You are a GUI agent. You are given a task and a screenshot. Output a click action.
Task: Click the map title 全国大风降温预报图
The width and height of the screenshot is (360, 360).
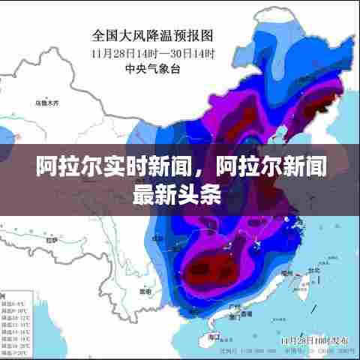pos(153,34)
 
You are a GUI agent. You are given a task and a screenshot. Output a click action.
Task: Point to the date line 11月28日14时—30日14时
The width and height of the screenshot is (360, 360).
pos(153,53)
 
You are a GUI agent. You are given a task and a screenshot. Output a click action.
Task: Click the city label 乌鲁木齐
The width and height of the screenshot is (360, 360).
pos(46,102)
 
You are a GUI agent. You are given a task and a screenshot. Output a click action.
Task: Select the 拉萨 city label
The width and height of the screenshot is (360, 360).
pos(51,241)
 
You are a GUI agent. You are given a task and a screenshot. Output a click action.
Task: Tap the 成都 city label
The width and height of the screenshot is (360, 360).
pos(157,238)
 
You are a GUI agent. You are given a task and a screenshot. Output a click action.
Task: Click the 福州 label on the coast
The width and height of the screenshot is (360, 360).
pos(287,274)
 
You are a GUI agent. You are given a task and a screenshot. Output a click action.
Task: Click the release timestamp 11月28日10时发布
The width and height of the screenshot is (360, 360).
pos(307,340)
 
